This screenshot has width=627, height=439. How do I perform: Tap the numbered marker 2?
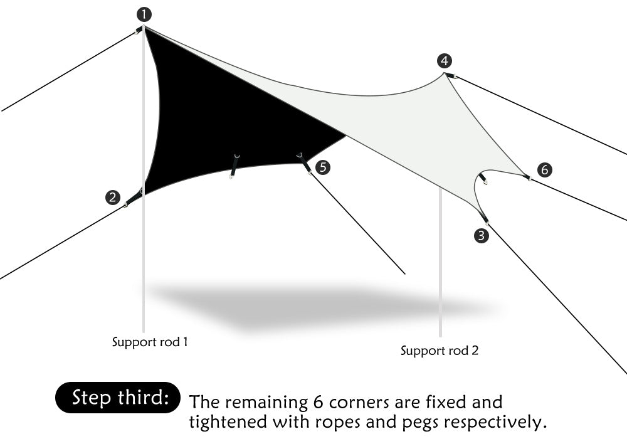point(112,198)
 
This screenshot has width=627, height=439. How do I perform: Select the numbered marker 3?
point(481,236)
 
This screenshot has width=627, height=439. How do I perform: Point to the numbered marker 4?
point(445,61)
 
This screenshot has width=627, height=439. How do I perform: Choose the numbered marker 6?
point(544,169)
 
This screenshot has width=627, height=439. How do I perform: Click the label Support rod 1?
point(150,342)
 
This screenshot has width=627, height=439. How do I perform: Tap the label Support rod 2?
point(440,351)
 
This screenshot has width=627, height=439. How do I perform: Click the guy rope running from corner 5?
point(357,223)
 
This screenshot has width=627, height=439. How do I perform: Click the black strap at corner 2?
point(134,197)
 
